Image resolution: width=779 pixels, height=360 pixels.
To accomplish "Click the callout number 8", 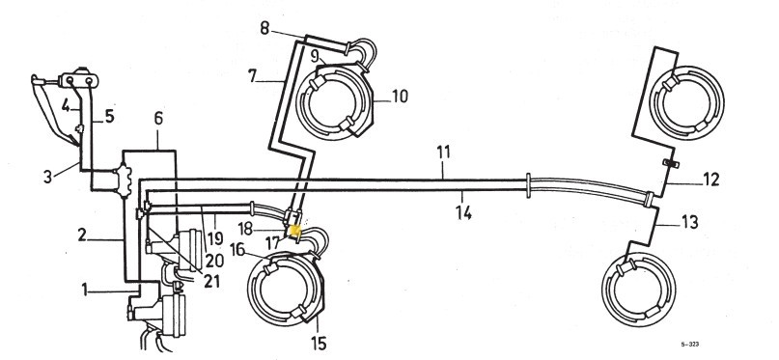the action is tap(264, 28).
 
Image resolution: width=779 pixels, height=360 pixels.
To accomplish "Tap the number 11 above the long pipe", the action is tap(444, 152).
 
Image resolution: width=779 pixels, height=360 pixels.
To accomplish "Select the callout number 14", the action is tap(464, 212).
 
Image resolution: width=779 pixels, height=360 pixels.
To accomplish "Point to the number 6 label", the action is tap(158, 119).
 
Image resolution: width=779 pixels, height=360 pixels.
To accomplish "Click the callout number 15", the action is tap(319, 344).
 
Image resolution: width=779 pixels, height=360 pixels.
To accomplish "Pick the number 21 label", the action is tap(211, 281).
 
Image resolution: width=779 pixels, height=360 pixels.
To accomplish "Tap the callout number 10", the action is tap(400, 96).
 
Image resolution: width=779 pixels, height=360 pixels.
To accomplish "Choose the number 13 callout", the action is tap(690, 222).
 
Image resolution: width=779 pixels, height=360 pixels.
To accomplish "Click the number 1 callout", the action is tap(84, 290).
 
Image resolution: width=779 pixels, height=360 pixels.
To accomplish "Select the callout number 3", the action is tap(47, 177).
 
